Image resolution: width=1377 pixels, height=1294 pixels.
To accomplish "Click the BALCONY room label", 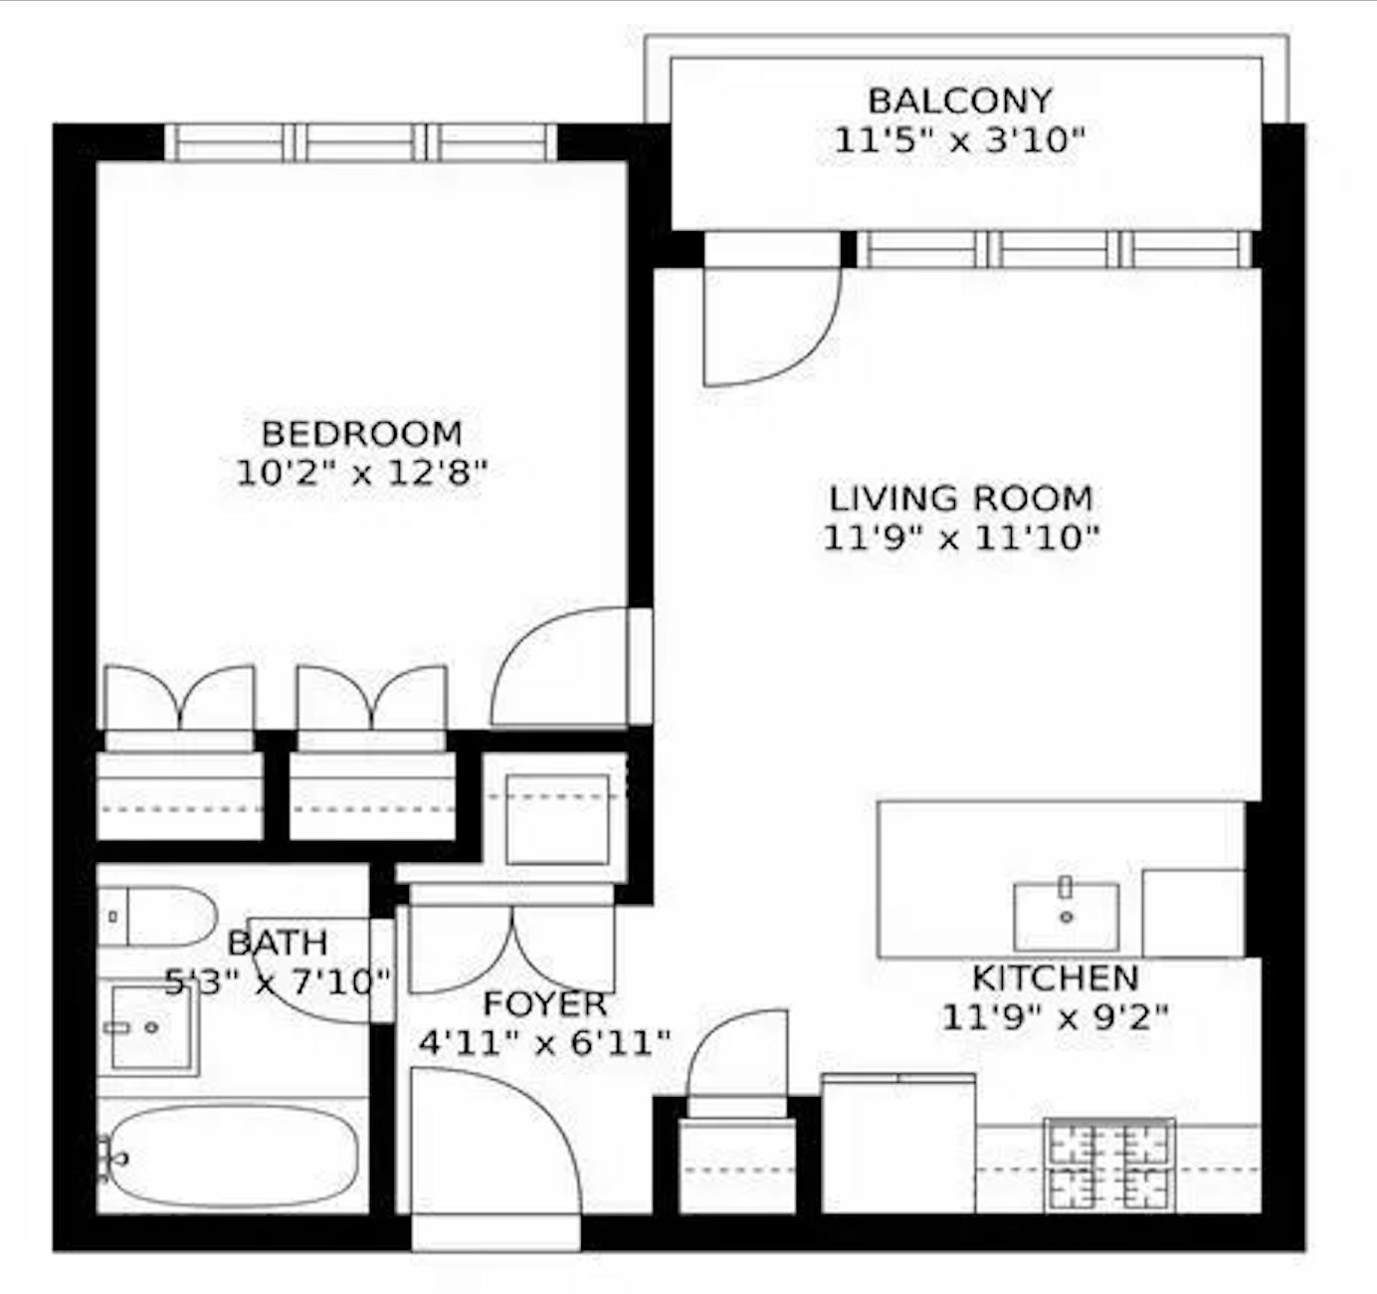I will pyautogui.click(x=959, y=101).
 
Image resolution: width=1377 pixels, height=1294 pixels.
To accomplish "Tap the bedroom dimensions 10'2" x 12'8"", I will pyautogui.click(x=362, y=473).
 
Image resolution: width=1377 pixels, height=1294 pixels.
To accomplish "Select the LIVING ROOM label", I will pyautogui.click(x=961, y=498).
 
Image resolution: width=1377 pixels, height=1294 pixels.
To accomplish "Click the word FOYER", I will pyautogui.click(x=544, y=1003).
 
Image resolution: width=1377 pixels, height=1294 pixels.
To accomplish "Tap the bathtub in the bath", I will pyautogui.click(x=233, y=1158).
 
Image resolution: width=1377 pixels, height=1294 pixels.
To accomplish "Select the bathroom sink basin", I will pyautogui.click(x=151, y=1027).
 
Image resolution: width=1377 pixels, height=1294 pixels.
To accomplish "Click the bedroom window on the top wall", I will pyautogui.click(x=360, y=142).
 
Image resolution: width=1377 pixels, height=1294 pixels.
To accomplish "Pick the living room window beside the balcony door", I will pyautogui.click(x=1055, y=249).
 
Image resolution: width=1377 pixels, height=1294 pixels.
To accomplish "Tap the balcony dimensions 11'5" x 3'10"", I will pyautogui.click(x=959, y=140).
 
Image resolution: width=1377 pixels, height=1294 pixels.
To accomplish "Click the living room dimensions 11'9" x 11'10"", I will pyautogui.click(x=961, y=539).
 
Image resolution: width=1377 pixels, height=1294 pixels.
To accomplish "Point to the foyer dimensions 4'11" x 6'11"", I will pyautogui.click(x=544, y=1043).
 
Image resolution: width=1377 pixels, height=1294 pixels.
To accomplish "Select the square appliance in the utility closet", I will pyautogui.click(x=556, y=818).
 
